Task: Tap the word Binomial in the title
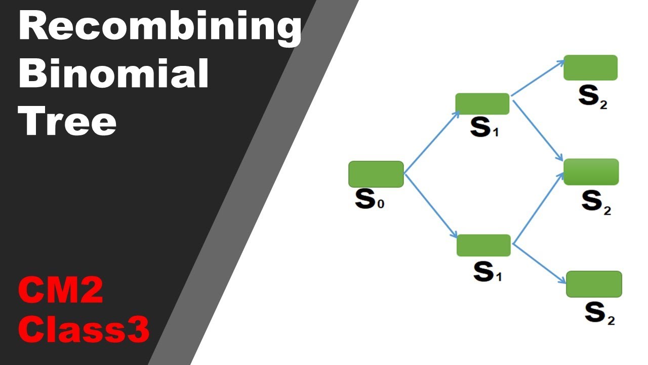(x=114, y=74)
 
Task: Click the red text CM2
(x=61, y=291)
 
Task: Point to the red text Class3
(x=84, y=330)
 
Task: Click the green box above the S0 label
(x=376, y=174)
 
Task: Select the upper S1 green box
(x=482, y=104)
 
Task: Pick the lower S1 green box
(x=483, y=245)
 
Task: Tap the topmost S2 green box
(x=590, y=68)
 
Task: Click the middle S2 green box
(x=591, y=172)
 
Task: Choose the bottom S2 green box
(x=593, y=284)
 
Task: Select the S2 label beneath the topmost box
(x=592, y=98)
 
